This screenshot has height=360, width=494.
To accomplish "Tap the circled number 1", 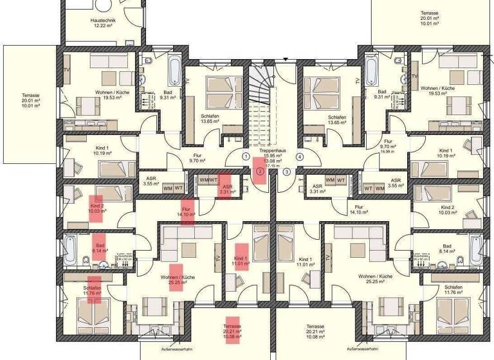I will pyautogui.click(x=246, y=156).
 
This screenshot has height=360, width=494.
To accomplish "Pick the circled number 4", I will pyautogui.click(x=300, y=156).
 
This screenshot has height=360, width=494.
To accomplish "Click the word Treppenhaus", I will pyautogui.click(x=278, y=150).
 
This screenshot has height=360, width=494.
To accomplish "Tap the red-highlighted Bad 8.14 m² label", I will pyautogui.click(x=100, y=248).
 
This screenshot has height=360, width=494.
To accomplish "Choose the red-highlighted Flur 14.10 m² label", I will pyautogui.click(x=188, y=212).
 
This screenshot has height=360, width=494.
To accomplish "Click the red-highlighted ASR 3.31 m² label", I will pyautogui.click(x=226, y=188).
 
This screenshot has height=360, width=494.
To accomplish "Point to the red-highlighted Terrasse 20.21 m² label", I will pyautogui.click(x=232, y=330).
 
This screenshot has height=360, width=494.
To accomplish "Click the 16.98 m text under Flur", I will pyautogui.click(x=387, y=152).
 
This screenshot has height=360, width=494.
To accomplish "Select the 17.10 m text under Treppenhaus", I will pyautogui.click(x=278, y=165).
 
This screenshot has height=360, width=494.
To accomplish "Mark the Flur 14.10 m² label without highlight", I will pyautogui.click(x=358, y=210).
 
